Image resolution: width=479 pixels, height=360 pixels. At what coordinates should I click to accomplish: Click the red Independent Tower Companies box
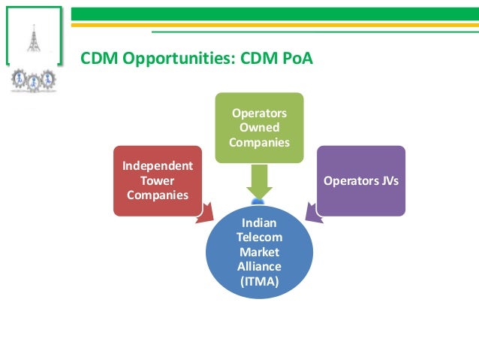157,180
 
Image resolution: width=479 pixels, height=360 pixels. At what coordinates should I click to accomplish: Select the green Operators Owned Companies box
259,127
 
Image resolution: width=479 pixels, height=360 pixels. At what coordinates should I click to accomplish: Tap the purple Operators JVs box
360,180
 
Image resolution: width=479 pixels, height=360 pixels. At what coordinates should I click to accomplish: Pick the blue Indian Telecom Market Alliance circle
259,252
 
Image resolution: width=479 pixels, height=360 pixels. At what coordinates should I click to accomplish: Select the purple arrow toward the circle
312,213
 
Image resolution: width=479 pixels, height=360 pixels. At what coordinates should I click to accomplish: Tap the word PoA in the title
295,58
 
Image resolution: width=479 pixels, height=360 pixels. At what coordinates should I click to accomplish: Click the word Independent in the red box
157,166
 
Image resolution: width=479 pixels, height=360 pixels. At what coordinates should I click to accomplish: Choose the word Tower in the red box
157,180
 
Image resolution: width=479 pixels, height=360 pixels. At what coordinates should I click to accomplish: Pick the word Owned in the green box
259,127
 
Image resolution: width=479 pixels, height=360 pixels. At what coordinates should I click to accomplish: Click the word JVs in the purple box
384,180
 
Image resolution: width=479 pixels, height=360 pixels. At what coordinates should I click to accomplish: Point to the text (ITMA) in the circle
259,281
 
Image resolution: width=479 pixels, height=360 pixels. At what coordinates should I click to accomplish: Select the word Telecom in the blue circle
259,237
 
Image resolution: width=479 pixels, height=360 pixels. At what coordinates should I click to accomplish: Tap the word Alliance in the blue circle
259,267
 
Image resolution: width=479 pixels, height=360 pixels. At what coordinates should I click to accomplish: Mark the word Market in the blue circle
259,253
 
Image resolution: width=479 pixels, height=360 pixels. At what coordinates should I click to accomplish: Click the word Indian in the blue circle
259,223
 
